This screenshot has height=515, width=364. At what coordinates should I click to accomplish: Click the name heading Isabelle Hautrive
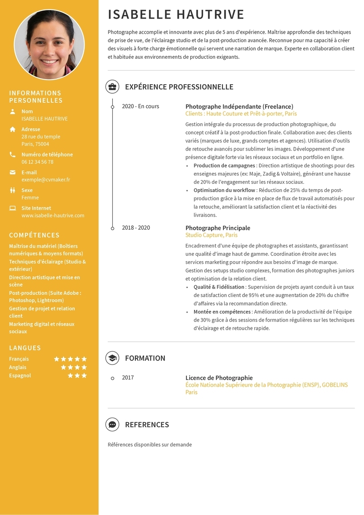176,15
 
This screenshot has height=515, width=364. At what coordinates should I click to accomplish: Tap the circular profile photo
49,44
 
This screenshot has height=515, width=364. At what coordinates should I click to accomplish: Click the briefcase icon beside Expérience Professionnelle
112,87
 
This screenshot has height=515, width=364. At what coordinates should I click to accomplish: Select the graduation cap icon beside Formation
112,358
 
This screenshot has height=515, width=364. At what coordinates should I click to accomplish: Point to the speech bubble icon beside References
112,424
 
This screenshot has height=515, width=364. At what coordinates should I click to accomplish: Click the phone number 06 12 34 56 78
37,162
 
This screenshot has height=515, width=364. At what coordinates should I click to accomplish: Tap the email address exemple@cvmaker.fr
45,180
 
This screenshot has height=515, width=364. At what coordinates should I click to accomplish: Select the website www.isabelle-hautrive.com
53,216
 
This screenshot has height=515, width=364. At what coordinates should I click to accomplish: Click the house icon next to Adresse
12,129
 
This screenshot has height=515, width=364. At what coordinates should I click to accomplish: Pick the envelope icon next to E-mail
12,172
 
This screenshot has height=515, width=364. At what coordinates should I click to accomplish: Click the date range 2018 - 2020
136,228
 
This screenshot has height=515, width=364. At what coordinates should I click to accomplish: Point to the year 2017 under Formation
128,378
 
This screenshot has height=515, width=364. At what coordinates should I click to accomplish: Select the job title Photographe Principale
217,228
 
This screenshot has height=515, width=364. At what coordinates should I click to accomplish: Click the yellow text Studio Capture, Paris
211,235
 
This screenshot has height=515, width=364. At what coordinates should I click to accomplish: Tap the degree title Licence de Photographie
219,378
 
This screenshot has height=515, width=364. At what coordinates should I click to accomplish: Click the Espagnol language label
20,376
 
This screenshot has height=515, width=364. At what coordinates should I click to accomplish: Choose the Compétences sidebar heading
34,235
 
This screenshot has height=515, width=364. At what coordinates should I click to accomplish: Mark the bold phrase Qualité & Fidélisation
219,287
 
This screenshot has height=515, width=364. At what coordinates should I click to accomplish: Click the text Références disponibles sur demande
150,444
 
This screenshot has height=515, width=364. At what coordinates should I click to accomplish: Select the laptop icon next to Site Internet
12,208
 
